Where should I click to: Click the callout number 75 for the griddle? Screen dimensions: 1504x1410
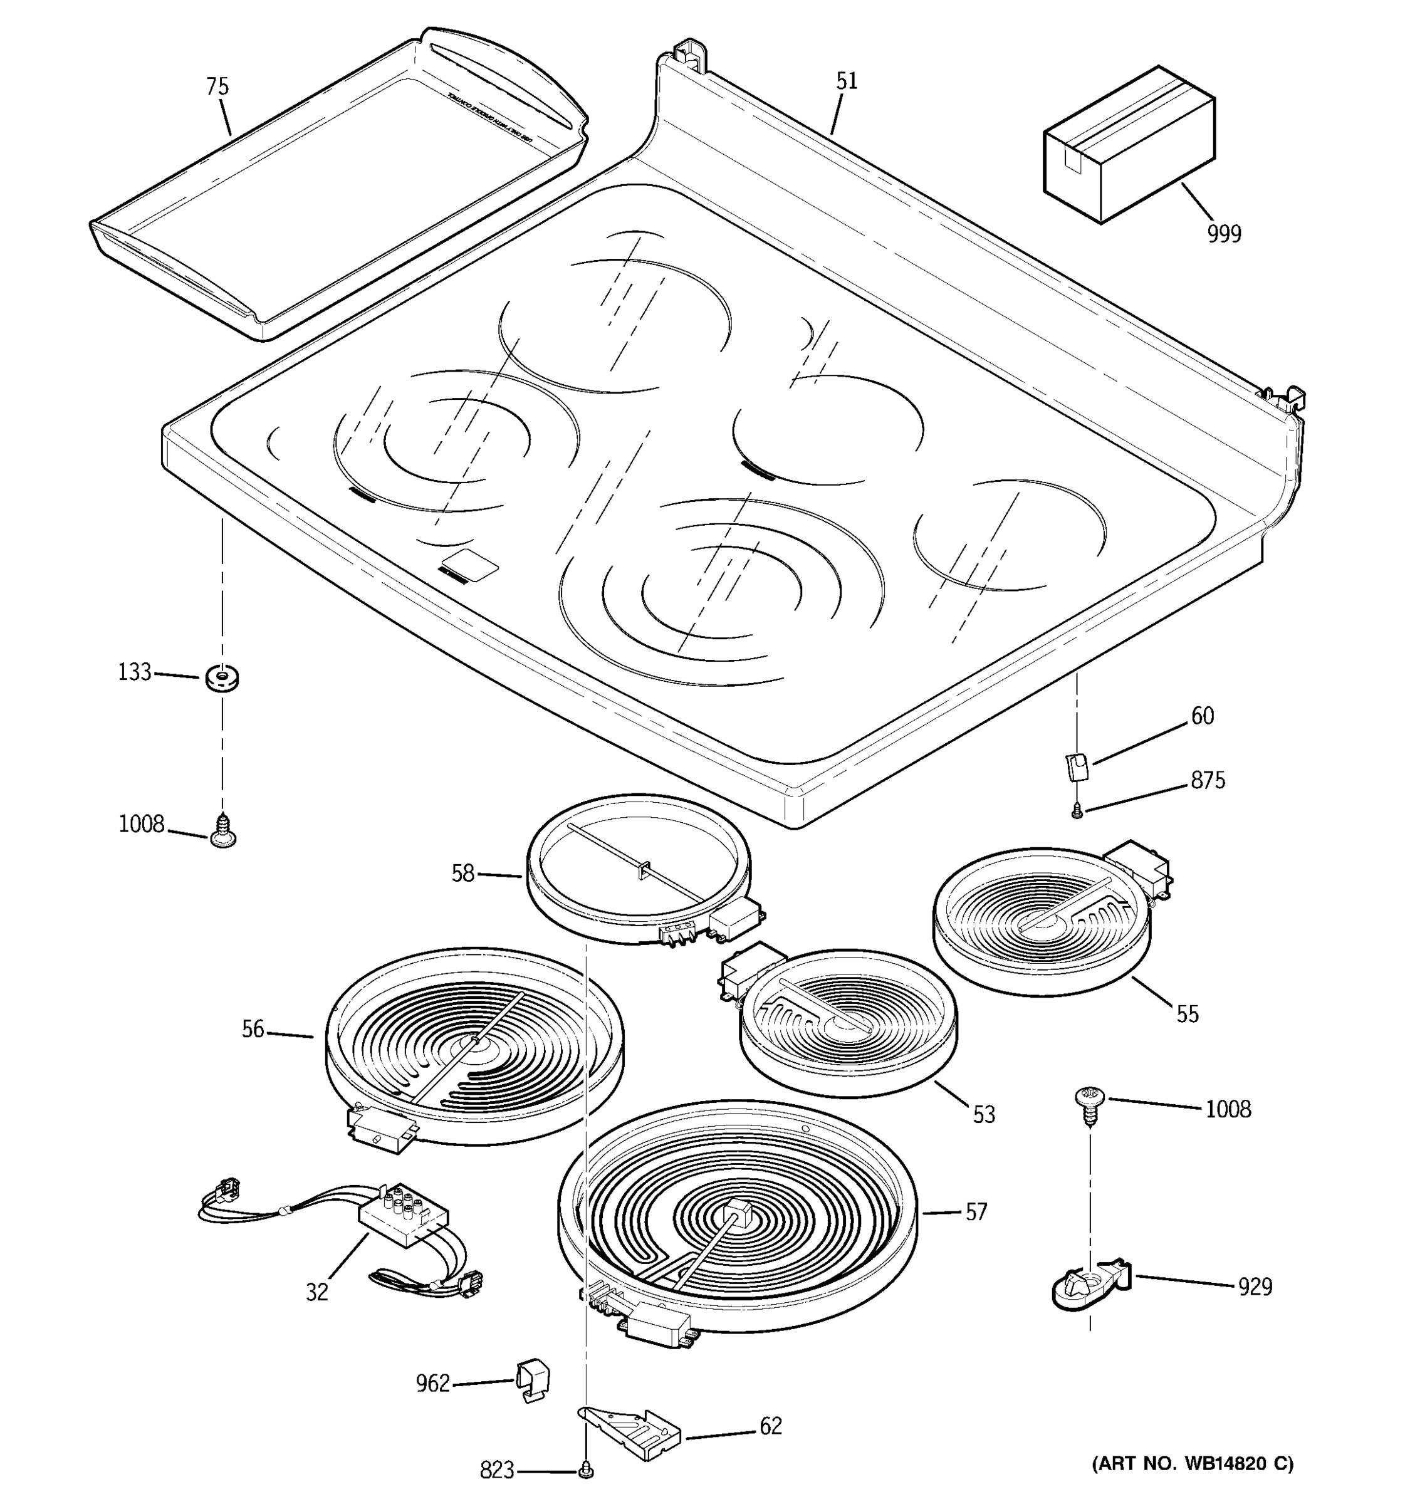[x=217, y=86]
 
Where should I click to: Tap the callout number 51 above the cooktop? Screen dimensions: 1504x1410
[x=847, y=81]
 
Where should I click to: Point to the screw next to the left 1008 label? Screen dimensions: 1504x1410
[x=223, y=830]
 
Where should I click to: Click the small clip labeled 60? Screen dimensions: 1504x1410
[x=1077, y=767]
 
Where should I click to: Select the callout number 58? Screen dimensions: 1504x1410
[x=462, y=874]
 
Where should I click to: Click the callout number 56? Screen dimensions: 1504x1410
[x=253, y=1029]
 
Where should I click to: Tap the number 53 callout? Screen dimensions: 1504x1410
[x=983, y=1114]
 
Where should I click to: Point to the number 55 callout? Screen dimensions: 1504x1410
[x=1187, y=1014]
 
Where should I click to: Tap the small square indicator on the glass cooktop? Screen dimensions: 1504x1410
[x=470, y=563]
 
